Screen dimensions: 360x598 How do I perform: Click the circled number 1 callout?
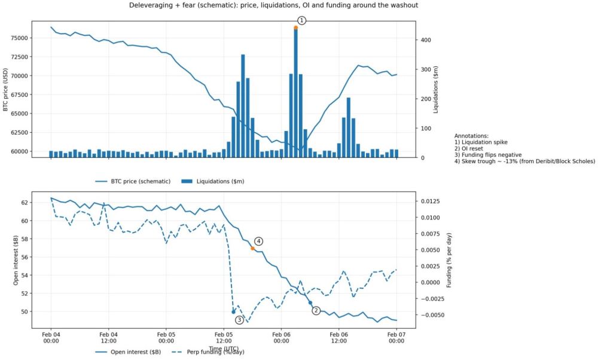pos(302,20)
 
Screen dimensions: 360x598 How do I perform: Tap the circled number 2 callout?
pos(316,310)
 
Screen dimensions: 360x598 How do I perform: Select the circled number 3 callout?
pos(239,320)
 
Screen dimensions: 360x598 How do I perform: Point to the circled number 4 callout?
pos(258,241)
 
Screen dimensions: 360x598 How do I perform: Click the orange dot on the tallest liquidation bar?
pos(295,28)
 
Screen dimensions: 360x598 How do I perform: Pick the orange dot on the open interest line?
pos(252,248)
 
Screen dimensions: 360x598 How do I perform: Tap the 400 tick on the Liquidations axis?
pos(420,40)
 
